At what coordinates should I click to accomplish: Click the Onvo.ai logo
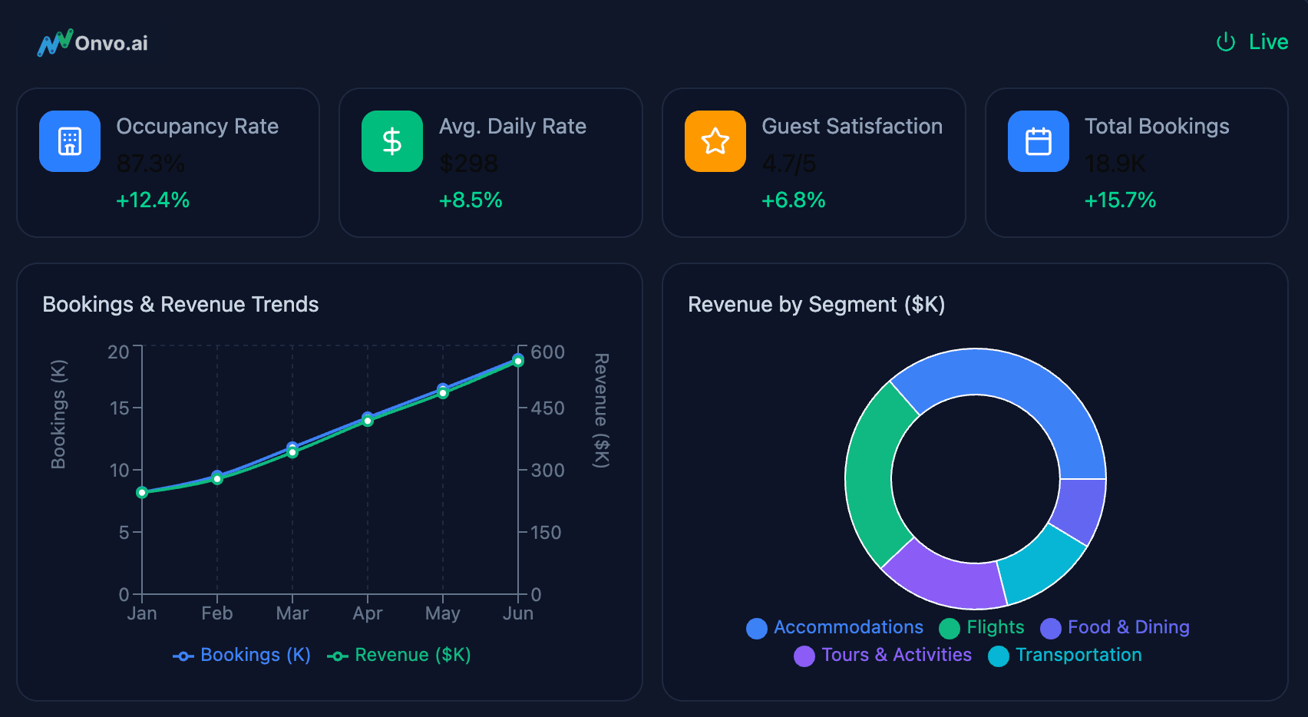[x=92, y=43]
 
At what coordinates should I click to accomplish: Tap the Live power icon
[x=1225, y=42]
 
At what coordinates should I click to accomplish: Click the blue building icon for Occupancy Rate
[x=70, y=141]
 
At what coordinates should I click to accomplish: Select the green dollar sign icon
[x=392, y=141]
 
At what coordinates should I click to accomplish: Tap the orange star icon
[x=715, y=141]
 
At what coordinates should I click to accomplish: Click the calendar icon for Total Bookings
[x=1039, y=141]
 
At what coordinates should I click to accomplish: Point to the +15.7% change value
[x=1120, y=200]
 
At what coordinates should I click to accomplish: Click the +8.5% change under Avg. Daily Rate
[x=471, y=200]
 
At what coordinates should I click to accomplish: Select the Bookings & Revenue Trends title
[x=180, y=305]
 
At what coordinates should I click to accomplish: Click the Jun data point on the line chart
[x=518, y=360]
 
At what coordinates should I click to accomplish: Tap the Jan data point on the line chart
[x=142, y=492]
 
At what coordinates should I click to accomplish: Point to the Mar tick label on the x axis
[x=292, y=613]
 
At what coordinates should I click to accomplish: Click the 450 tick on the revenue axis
[x=547, y=408]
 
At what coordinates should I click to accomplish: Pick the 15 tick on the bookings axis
[x=120, y=408]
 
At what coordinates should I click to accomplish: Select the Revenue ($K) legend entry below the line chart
[x=400, y=655]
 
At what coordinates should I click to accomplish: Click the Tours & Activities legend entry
[x=884, y=655]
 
